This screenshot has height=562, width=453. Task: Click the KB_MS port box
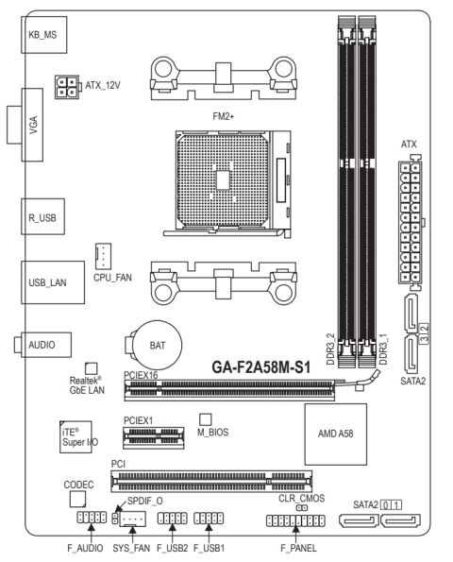(44, 35)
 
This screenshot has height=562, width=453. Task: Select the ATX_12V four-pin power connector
(67, 87)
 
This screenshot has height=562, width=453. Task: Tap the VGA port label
(33, 125)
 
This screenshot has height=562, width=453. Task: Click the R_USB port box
(43, 216)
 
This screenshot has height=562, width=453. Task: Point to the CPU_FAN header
(103, 256)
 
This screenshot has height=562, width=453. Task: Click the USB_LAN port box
(53, 282)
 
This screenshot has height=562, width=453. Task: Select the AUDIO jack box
(46, 345)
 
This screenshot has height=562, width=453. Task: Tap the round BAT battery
(158, 345)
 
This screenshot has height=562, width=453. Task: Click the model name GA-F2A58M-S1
(261, 367)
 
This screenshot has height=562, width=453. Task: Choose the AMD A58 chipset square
(336, 434)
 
